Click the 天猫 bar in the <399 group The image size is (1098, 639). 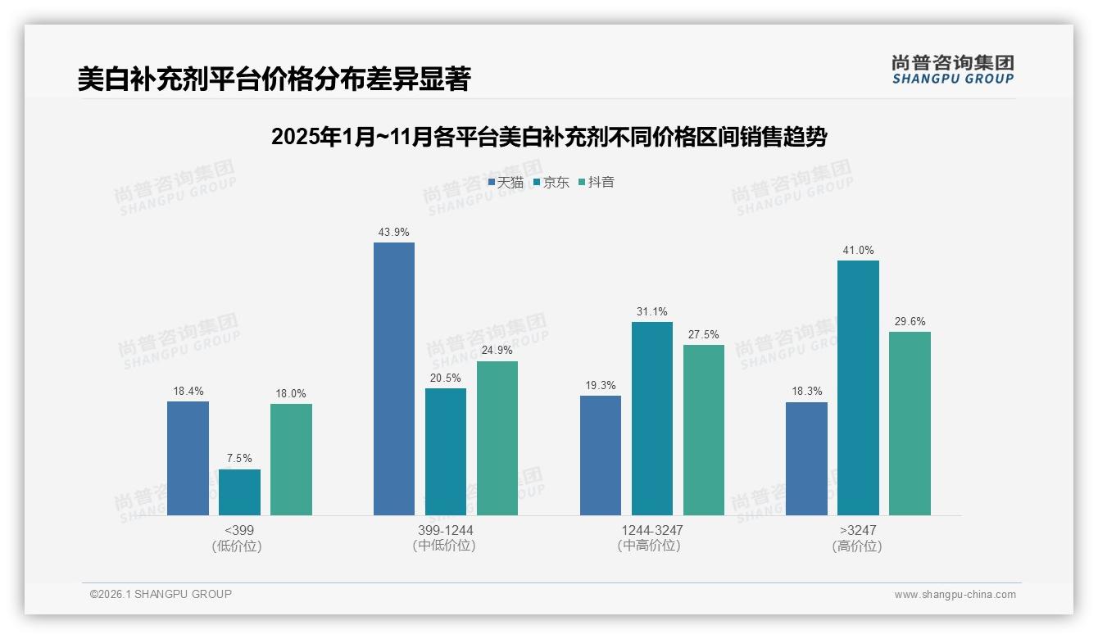[x=188, y=458]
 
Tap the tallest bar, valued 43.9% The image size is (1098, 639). [x=394, y=378]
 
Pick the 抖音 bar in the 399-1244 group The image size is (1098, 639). [x=497, y=438]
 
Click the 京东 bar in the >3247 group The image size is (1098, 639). [x=858, y=387]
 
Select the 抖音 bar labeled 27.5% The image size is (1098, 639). [x=704, y=430]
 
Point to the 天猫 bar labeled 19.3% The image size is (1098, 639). [x=601, y=455]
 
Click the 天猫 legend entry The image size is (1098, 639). [x=506, y=183]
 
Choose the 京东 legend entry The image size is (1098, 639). [x=551, y=183]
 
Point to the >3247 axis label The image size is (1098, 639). [x=857, y=531]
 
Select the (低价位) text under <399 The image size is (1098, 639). [x=237, y=546]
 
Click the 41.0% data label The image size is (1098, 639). [x=858, y=251]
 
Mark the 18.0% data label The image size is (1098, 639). [x=291, y=394]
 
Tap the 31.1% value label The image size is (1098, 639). [x=651, y=312]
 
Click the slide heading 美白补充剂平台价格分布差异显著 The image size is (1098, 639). [x=274, y=79]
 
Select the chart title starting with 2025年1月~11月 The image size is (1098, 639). [x=548, y=137]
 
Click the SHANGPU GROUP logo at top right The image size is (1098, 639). [x=952, y=70]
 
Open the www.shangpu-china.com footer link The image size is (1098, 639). [x=955, y=595]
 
